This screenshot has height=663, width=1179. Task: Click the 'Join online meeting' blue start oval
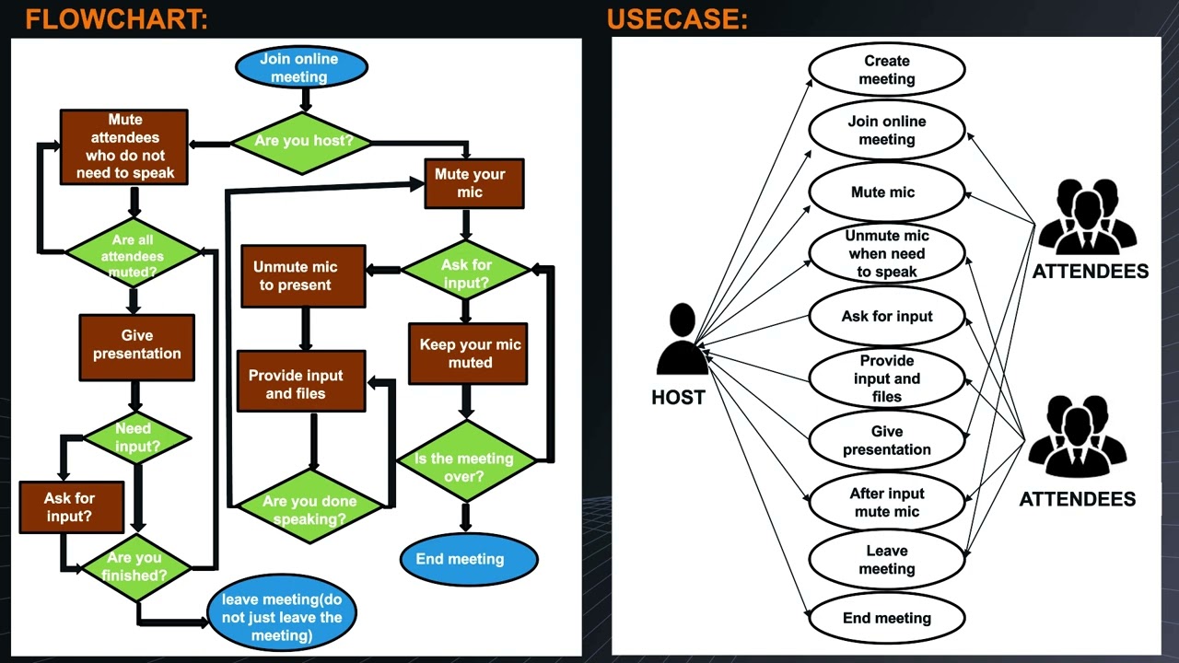pos(300,67)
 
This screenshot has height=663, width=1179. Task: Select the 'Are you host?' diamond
pos(303,142)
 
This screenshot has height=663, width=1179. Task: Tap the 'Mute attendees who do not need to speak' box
pos(124,146)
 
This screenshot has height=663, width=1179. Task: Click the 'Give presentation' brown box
pos(137,346)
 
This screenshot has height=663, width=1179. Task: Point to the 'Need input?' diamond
pos(137,437)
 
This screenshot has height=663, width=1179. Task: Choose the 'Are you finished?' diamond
pos(137,566)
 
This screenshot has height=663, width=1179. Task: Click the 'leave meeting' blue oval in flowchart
pos(281,617)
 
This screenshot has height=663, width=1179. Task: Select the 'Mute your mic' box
pos(473,183)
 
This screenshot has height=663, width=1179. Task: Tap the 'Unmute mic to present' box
pos(303,276)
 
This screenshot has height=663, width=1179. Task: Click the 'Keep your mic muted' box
pos(468,353)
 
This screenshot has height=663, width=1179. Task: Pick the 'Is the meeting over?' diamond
pos(464,467)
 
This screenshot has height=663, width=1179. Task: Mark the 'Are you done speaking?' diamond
pos(309,508)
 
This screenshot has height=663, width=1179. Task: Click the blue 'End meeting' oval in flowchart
pos(468,559)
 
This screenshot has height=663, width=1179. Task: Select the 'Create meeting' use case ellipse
pos(886,70)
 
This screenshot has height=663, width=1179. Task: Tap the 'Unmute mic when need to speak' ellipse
pos(886,253)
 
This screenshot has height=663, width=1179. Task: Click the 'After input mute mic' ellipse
pos(886,502)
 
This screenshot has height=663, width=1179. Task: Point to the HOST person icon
pos(683,341)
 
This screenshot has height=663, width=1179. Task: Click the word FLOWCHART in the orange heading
pos(117,19)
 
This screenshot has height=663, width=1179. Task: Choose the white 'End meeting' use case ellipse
pos(886,618)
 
